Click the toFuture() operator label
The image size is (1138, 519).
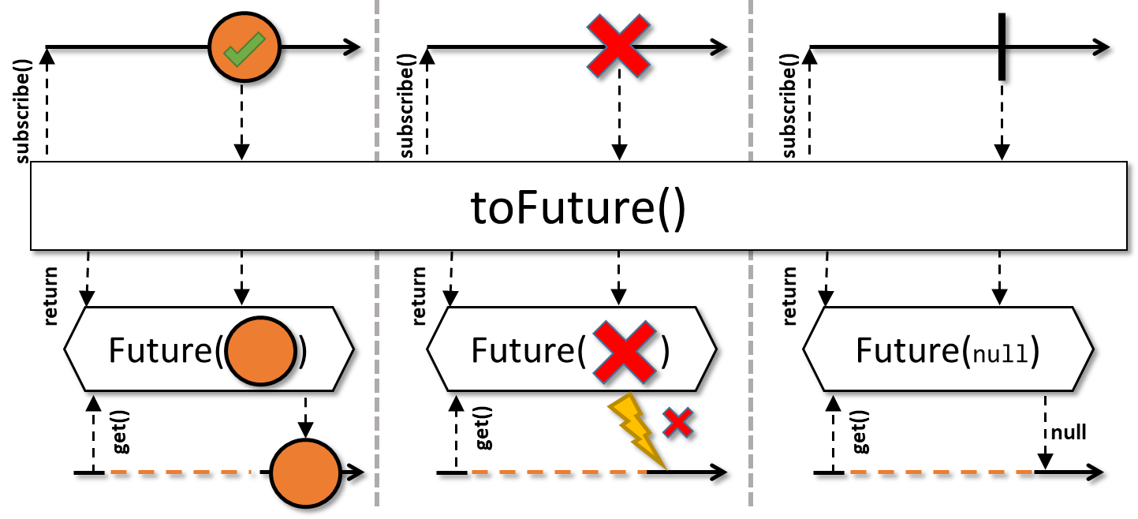click(x=578, y=209)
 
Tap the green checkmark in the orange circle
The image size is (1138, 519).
click(x=242, y=51)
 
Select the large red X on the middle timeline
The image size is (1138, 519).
click(x=619, y=46)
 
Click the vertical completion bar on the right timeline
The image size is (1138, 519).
click(x=1002, y=47)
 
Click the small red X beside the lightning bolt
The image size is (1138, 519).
click(x=677, y=424)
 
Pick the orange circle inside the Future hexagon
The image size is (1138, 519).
click(x=260, y=351)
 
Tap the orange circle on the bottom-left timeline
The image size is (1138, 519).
click(x=305, y=472)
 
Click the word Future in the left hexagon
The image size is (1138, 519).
click(x=161, y=351)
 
